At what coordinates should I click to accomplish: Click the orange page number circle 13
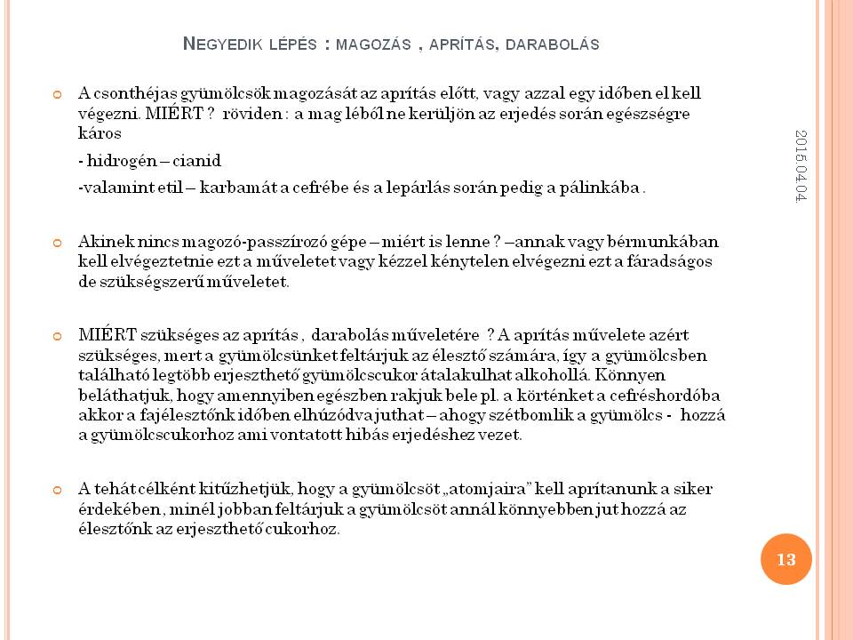[x=785, y=559]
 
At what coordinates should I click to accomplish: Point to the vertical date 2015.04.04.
[x=801, y=165]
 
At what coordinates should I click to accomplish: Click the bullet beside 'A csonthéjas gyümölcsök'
[x=58, y=93]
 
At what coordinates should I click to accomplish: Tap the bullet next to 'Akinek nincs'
[x=58, y=242]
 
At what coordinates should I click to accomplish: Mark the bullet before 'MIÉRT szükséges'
[x=58, y=336]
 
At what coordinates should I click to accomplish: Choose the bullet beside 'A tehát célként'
[x=58, y=490]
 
